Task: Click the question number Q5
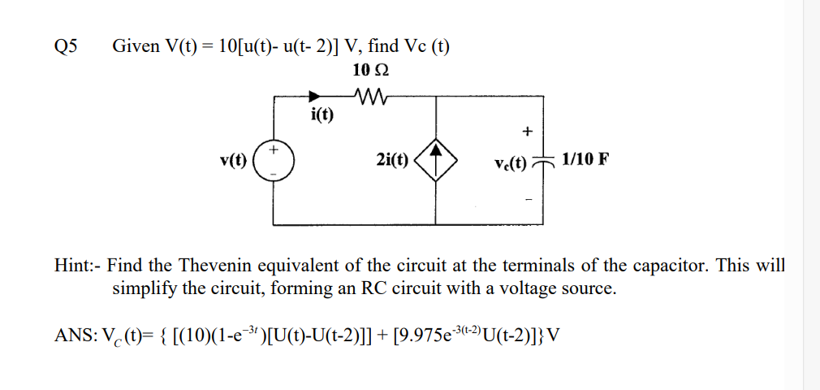[x=65, y=46]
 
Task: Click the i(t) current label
[x=322, y=114]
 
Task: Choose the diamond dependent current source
[x=437, y=159]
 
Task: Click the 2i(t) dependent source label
[x=393, y=160]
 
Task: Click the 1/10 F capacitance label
[x=583, y=159]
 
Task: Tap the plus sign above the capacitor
[x=528, y=130]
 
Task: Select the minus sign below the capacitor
[x=528, y=197]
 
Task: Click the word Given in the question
[x=136, y=46]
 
